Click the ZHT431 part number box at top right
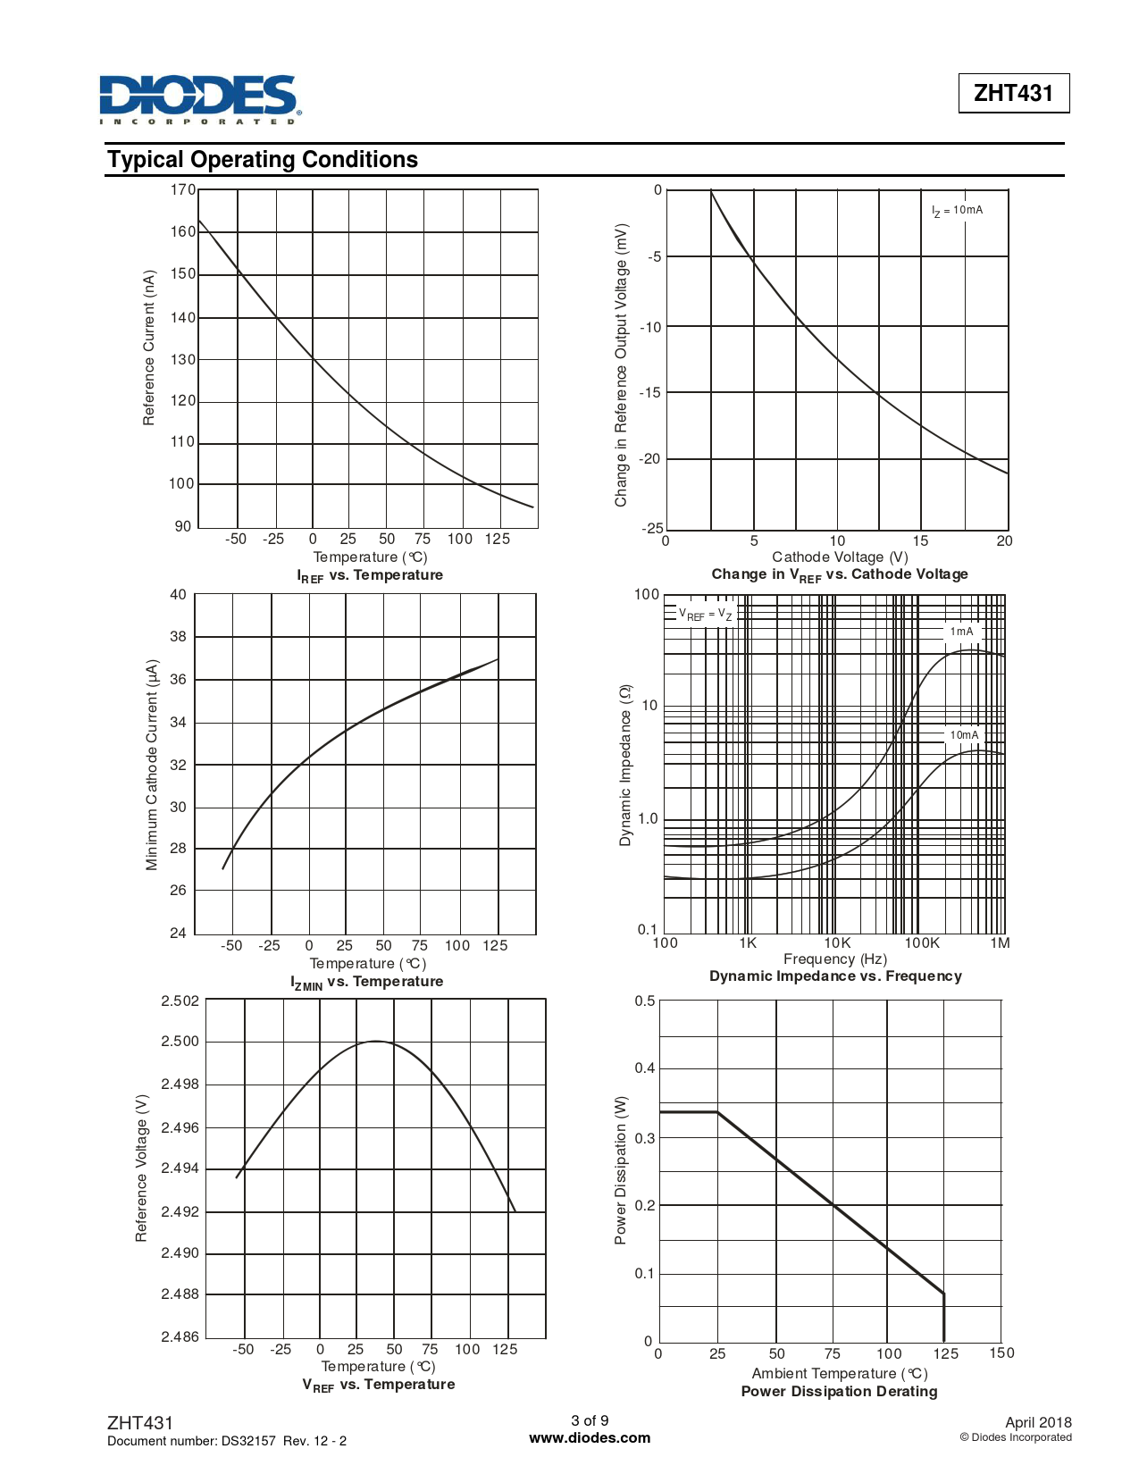click(1013, 93)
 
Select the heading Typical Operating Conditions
click(263, 160)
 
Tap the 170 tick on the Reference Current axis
click(182, 189)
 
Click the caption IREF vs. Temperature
click(370, 575)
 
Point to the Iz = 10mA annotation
click(957, 211)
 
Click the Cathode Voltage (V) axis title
click(840, 557)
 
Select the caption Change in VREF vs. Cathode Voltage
click(840, 574)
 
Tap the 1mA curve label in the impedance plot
click(962, 632)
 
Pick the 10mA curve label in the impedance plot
click(964, 735)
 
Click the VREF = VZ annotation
click(706, 615)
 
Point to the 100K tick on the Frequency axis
click(922, 942)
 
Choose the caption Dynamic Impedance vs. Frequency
click(835, 976)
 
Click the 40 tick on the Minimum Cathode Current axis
click(178, 595)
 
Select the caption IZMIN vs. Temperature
click(367, 982)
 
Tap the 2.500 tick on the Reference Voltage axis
click(180, 1042)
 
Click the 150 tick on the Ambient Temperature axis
click(1001, 1353)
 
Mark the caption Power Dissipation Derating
click(839, 1392)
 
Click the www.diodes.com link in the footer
click(590, 1438)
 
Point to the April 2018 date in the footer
click(1038, 1422)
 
